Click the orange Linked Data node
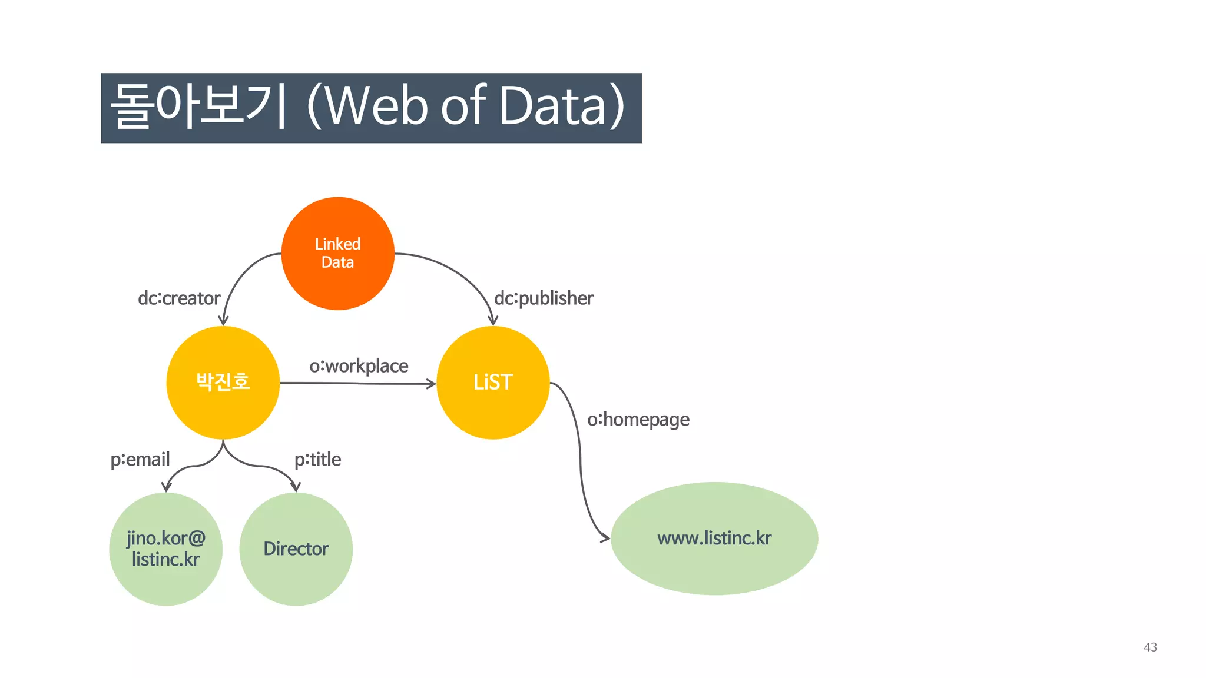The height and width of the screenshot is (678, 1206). click(x=337, y=254)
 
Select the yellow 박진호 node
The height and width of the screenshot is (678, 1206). click(x=223, y=383)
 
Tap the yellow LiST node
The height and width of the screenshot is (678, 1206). click(x=493, y=383)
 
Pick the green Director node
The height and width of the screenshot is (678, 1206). click(x=296, y=549)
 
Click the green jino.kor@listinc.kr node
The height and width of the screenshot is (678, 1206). click(x=165, y=549)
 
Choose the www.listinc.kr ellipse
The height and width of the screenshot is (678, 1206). click(x=714, y=539)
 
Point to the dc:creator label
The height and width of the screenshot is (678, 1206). click(x=179, y=298)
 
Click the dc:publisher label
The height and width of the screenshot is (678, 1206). click(x=544, y=298)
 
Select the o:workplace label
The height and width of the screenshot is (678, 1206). click(x=359, y=366)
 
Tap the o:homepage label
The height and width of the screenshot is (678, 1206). click(x=638, y=420)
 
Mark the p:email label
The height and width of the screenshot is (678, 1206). click(x=140, y=459)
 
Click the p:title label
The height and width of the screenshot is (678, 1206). click(x=317, y=459)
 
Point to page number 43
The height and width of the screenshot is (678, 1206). click(x=1150, y=647)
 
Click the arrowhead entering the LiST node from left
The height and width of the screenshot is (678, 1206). click(x=431, y=384)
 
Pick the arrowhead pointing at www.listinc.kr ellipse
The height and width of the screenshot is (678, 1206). click(x=605, y=537)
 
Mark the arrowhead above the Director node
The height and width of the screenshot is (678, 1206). click(x=296, y=487)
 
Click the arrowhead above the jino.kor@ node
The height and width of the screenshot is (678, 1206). click(x=167, y=487)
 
